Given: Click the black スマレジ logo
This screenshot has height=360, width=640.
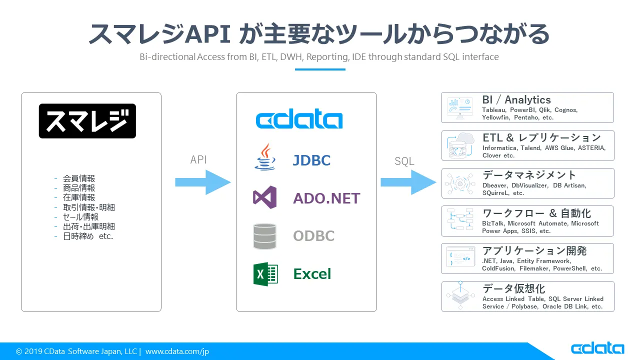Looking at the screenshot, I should click(87, 121).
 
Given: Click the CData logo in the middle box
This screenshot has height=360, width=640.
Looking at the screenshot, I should click(299, 120).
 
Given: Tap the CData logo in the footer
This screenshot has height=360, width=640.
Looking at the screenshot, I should click(597, 348).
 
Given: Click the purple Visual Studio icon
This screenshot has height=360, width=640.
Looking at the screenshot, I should click(264, 197).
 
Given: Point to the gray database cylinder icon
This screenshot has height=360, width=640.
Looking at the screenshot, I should click(264, 236).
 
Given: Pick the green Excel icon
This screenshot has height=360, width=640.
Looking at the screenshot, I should click(265, 274).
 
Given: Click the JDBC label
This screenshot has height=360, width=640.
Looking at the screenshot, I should click(311, 160).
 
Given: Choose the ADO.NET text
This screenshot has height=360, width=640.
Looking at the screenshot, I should click(326, 198).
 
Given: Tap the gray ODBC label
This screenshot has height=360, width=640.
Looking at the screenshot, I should click(313, 236).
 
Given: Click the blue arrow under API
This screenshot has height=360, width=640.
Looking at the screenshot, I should click(202, 182).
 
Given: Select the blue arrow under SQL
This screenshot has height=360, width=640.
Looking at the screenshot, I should click(408, 182).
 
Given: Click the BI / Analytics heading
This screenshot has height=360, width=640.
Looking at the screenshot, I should click(516, 100).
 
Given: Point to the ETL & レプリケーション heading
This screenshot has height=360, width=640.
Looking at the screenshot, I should click(541, 137).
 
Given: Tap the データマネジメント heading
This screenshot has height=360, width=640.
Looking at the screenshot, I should click(529, 175).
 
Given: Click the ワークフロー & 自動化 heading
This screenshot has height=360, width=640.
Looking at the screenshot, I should click(536, 213).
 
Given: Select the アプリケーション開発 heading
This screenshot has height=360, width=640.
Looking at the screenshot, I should click(534, 251).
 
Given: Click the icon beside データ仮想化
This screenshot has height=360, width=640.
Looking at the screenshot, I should click(460, 296).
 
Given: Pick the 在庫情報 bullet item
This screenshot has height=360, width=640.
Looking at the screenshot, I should click(78, 197).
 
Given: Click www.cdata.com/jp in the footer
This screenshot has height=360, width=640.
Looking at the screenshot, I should click(177, 351).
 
